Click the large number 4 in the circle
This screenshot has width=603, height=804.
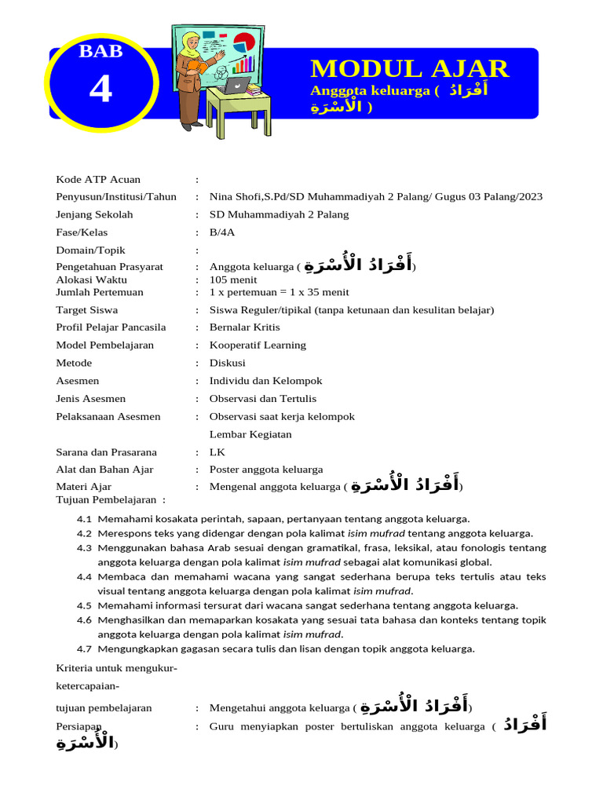coord(100,90)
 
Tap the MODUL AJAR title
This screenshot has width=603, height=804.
coord(409,68)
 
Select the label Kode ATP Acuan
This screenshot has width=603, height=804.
coord(98,179)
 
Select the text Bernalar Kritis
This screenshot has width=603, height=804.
coord(244,327)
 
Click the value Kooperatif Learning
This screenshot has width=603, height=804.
coord(258,345)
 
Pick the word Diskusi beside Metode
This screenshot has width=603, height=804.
coord(227,363)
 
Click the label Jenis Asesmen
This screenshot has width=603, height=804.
coord(90,399)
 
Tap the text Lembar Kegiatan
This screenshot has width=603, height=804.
coord(250,434)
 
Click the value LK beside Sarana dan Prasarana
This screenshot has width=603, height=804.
coord(217,452)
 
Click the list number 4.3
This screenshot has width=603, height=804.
coord(85,548)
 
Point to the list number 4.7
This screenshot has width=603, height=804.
coord(85,649)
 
